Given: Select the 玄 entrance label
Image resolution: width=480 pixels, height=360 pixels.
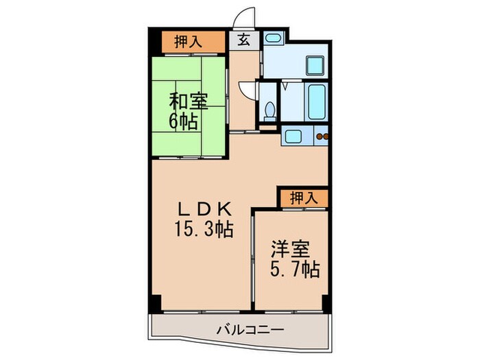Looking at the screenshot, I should click(x=244, y=40).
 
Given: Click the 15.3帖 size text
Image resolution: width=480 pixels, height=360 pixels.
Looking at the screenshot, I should click(x=203, y=229).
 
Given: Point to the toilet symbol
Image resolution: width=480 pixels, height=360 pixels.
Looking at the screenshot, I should click(x=270, y=110).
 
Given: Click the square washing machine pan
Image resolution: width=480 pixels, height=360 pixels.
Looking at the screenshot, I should click(x=315, y=67).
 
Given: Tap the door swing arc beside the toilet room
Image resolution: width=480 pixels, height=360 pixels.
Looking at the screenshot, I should click(x=245, y=91).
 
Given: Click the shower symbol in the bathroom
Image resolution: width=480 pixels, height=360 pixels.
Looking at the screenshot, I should click(x=285, y=88).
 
